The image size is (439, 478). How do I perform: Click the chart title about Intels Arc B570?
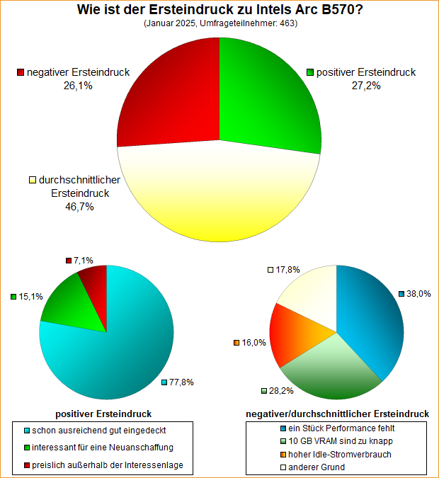pos(219,10)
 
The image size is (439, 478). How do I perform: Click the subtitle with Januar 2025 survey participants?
pos(219,23)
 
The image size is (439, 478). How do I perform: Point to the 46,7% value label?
pos(79,207)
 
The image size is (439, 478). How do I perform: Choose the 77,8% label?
pos(182,382)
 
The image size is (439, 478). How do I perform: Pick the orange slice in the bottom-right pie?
pos(294,333)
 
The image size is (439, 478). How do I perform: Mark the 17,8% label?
pos(287,269)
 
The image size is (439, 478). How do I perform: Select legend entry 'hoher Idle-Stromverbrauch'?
pos(341,455)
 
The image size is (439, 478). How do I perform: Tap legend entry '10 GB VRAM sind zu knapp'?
pos(341,441)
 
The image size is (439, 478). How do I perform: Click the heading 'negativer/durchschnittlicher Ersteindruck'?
pos(336,414)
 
